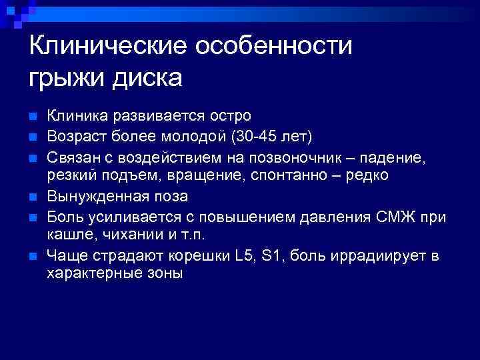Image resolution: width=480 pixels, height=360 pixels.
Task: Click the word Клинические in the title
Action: (x=107, y=47)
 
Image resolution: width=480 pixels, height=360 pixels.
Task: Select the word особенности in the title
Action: (x=273, y=47)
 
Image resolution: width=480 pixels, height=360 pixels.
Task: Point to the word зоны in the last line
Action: (x=158, y=274)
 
